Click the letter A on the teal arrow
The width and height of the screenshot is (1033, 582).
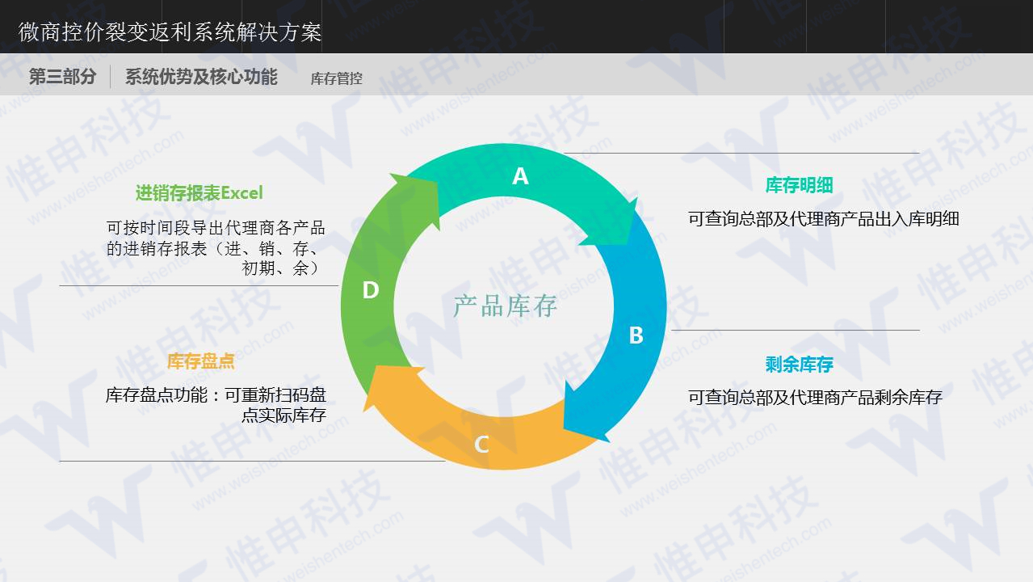520,176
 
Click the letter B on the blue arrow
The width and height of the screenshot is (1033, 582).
636,335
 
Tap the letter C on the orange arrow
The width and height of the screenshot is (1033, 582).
481,444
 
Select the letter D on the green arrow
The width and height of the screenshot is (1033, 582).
371,290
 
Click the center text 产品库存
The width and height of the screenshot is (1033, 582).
505,306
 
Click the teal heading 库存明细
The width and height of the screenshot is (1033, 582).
799,185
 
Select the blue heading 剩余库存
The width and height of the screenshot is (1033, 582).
799,365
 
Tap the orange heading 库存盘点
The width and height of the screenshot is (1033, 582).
200,361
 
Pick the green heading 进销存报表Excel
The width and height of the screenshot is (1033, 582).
199,193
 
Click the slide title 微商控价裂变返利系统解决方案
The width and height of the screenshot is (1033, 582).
170,32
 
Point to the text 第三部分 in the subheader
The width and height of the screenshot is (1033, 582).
62,77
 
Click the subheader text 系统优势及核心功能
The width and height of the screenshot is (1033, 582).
201,77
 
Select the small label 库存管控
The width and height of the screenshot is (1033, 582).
336,78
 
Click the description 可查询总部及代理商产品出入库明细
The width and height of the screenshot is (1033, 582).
823,218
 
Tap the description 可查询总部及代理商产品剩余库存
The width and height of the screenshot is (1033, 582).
815,397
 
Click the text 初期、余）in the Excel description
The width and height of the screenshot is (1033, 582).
283,268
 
